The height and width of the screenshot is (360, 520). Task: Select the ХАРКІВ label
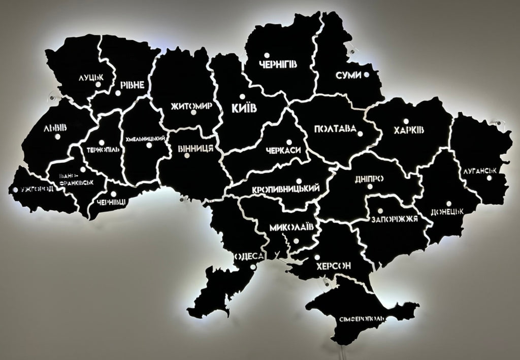(409, 131)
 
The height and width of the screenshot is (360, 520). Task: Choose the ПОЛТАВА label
(335, 129)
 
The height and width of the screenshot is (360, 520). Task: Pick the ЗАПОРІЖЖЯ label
(395, 219)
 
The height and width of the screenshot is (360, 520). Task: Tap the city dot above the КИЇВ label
(242, 96)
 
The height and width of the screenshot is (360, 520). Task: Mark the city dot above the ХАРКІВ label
(406, 121)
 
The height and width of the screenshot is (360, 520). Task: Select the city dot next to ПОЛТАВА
(360, 134)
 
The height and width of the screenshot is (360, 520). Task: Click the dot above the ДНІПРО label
(370, 186)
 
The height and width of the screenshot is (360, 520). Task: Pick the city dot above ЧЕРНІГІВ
(266, 54)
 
